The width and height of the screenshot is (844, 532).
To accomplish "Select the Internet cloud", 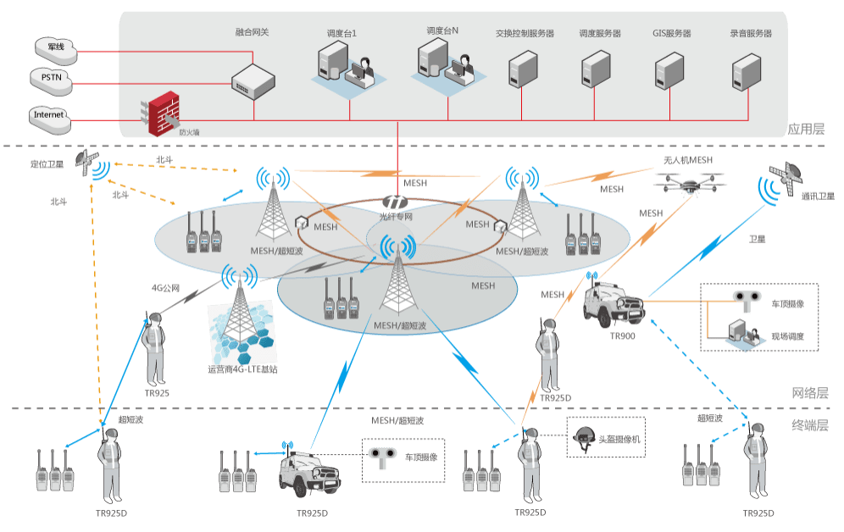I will (x=49, y=116).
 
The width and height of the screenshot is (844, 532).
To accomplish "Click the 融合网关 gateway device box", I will (x=254, y=80).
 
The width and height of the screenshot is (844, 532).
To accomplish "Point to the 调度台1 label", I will (x=341, y=33).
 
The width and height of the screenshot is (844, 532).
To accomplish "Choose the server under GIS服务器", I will (x=669, y=71).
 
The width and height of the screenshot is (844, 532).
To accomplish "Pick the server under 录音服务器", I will (x=748, y=71).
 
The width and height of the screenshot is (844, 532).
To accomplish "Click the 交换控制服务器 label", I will (x=525, y=34).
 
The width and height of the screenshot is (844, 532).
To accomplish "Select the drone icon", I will (x=689, y=181).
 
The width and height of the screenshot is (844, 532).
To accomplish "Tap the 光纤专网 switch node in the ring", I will (x=396, y=203).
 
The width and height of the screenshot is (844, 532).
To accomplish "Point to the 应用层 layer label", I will (x=805, y=130).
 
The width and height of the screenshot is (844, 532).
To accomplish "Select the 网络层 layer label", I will (x=809, y=394).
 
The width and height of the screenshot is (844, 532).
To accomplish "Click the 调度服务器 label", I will (x=600, y=34).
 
